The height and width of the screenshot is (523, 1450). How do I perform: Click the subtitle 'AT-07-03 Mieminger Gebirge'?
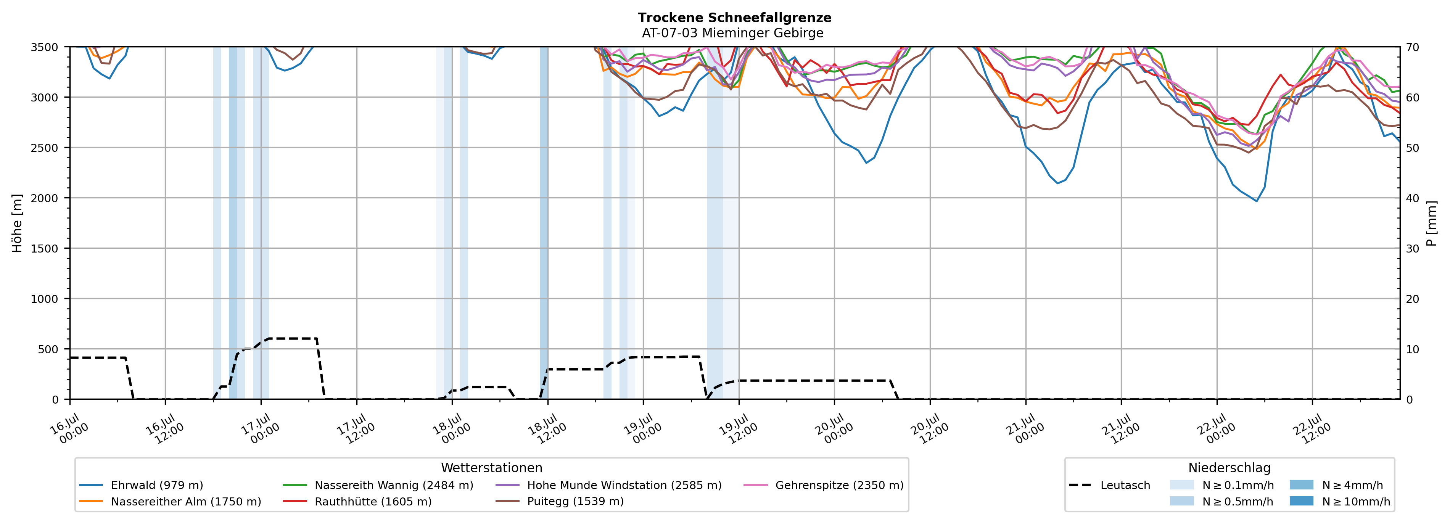[x=732, y=33]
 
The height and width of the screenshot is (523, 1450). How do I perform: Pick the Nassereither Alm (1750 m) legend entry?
[x=170, y=502]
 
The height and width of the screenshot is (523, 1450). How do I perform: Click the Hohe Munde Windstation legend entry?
[x=608, y=485]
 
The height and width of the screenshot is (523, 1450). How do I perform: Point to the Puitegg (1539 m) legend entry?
[x=560, y=502]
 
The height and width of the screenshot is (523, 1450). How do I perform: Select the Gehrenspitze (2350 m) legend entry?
[x=824, y=485]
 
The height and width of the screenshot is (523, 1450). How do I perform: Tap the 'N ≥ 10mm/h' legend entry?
[x=1340, y=502]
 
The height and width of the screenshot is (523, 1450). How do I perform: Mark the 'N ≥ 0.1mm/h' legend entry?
[x=1221, y=485]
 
